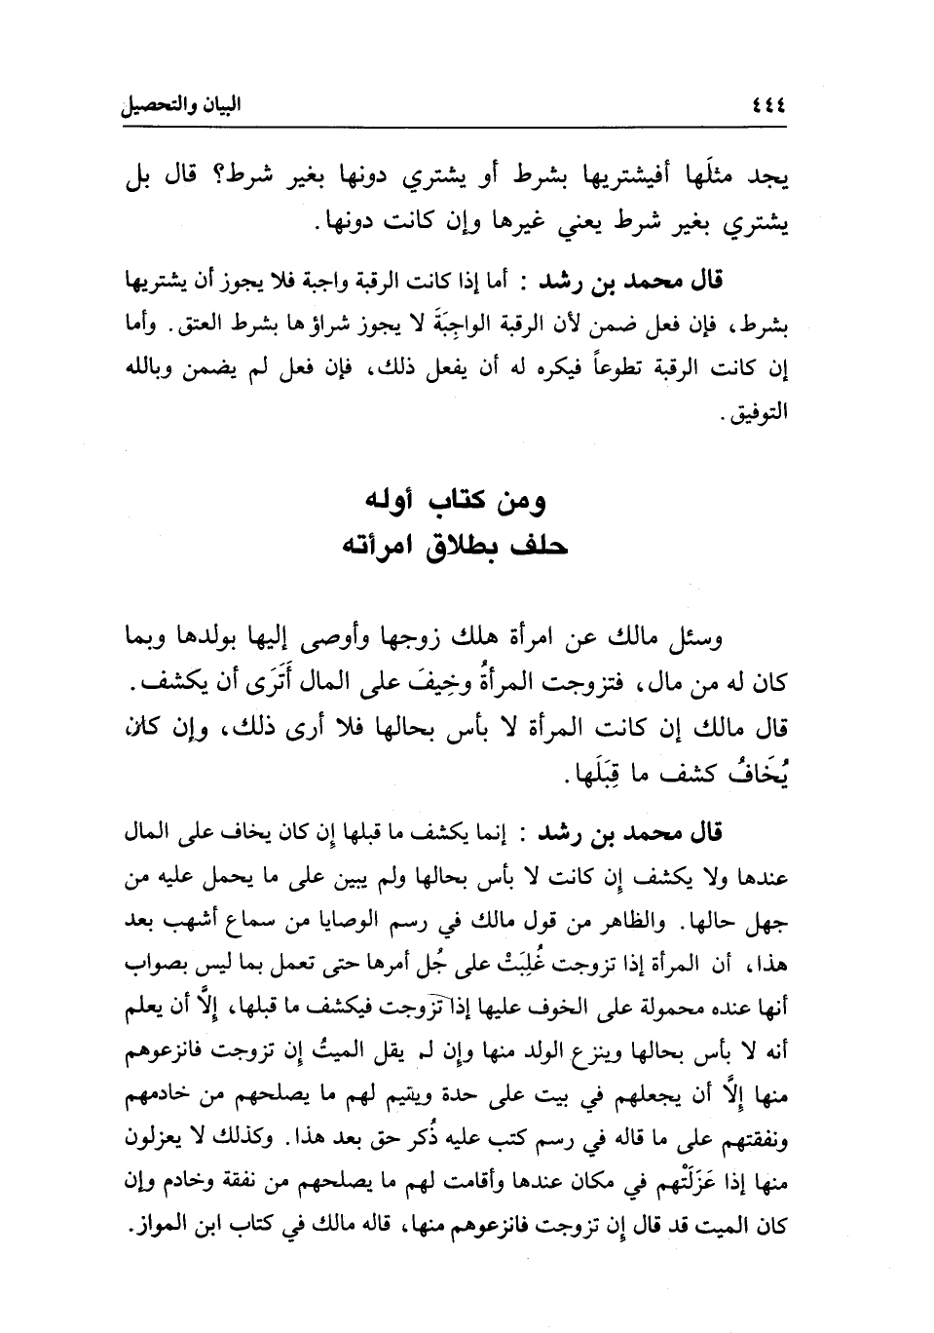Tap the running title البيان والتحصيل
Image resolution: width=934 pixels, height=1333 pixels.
tap(179, 105)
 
